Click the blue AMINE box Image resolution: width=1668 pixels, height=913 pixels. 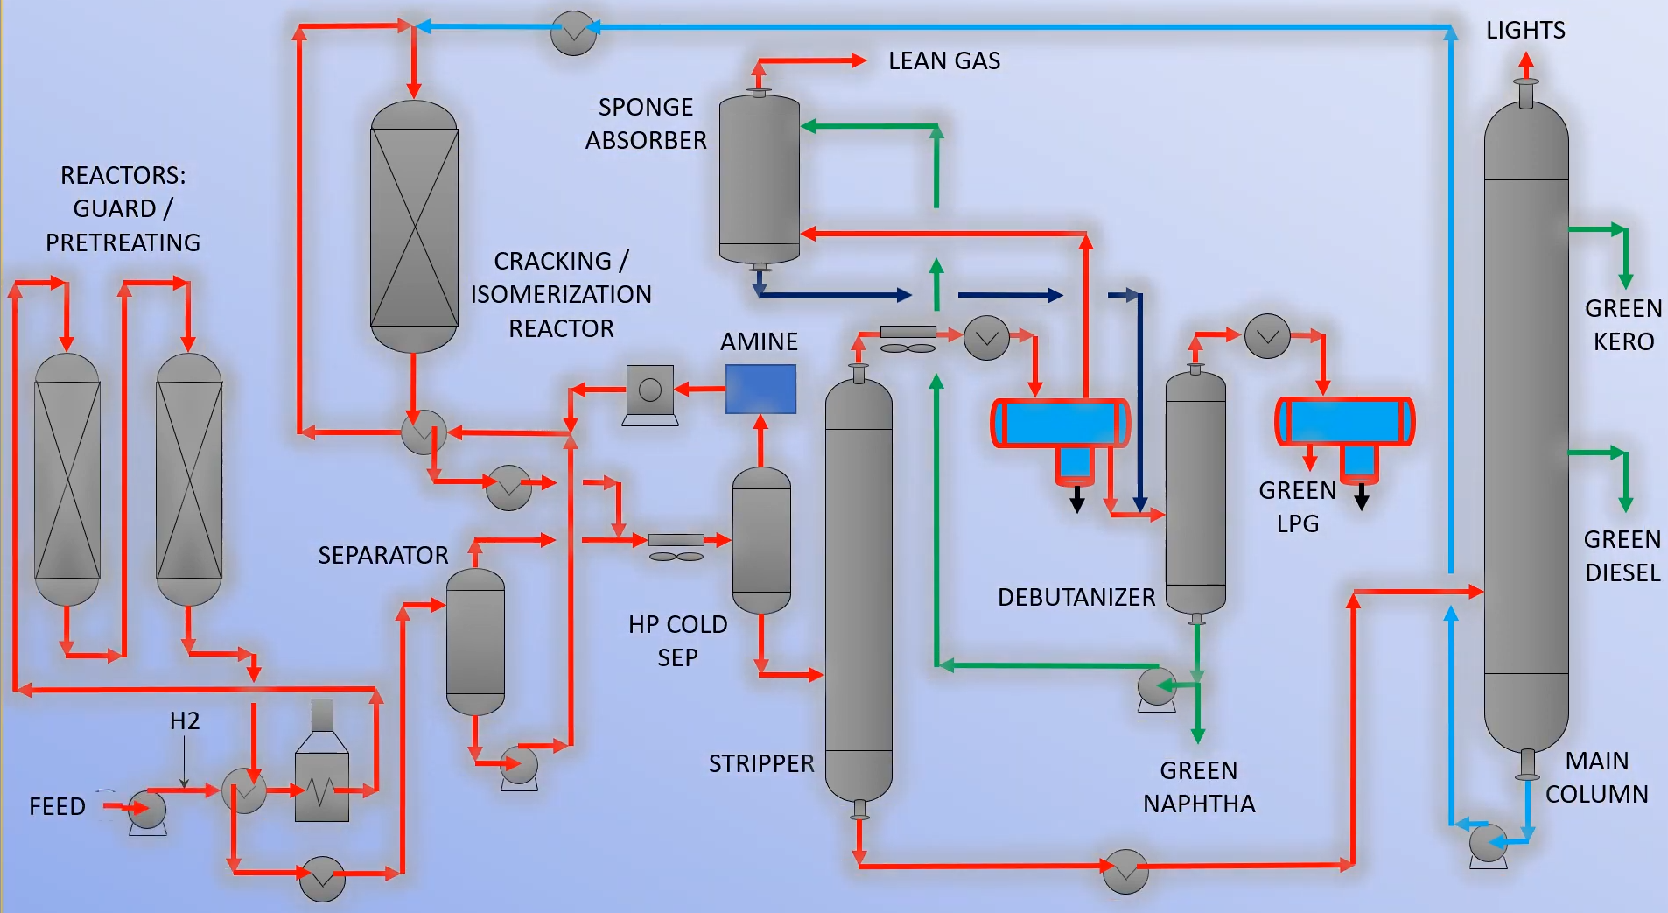(x=760, y=389)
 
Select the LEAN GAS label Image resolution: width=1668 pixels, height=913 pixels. (x=943, y=60)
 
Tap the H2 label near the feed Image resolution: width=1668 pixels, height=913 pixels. (x=185, y=721)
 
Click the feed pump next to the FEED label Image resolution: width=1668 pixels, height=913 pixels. (x=147, y=810)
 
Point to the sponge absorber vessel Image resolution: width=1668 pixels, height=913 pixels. (x=759, y=179)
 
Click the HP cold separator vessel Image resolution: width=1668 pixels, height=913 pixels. (x=760, y=540)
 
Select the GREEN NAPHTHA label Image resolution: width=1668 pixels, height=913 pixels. (x=1198, y=787)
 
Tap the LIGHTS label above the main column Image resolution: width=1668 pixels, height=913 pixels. (x=1524, y=30)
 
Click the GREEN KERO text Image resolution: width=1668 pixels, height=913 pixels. (x=1623, y=325)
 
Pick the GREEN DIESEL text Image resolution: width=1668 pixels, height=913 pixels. (x=1622, y=556)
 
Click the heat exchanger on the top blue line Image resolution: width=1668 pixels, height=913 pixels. (x=573, y=32)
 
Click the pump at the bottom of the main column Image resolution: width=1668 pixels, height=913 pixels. (x=1488, y=844)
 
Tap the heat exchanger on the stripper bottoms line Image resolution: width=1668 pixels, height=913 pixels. (x=1125, y=871)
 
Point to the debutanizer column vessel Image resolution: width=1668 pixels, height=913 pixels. (x=1195, y=493)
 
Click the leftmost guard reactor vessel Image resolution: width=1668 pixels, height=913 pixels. (x=67, y=480)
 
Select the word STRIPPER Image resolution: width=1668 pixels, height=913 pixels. (x=760, y=764)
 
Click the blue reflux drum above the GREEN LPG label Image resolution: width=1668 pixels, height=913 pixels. (x=1345, y=421)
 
